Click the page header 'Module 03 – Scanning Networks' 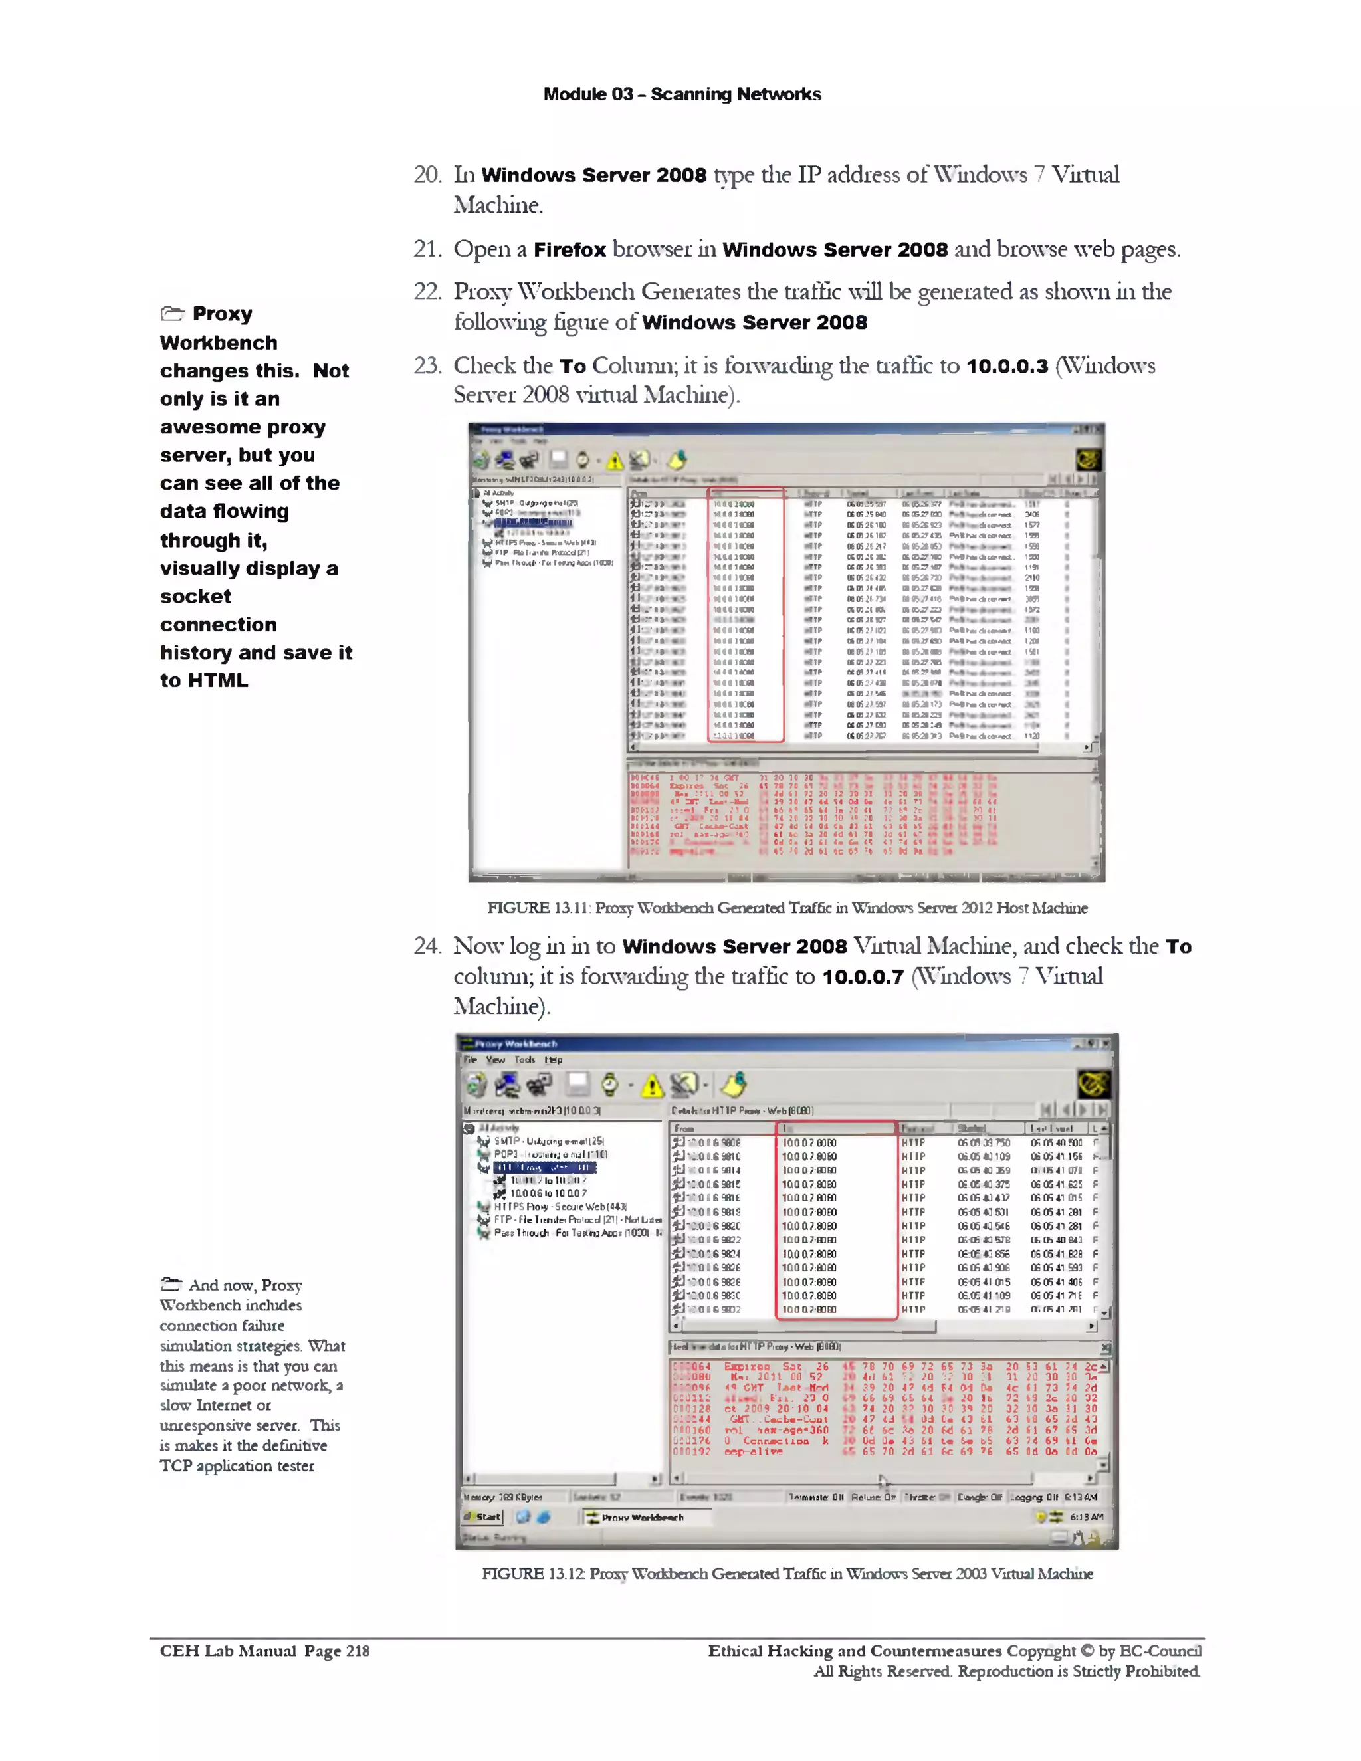click(681, 94)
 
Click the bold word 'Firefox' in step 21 click(570, 250)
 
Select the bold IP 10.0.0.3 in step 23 click(1007, 366)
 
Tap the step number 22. click(427, 292)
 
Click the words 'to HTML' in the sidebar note click(204, 680)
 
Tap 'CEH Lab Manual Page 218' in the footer click(264, 1651)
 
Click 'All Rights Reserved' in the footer click(883, 1671)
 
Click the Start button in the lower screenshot click(483, 1516)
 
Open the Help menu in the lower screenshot click(553, 1059)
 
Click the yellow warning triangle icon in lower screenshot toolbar click(651, 1088)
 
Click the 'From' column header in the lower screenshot click(684, 1128)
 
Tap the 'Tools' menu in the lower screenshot click(524, 1059)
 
